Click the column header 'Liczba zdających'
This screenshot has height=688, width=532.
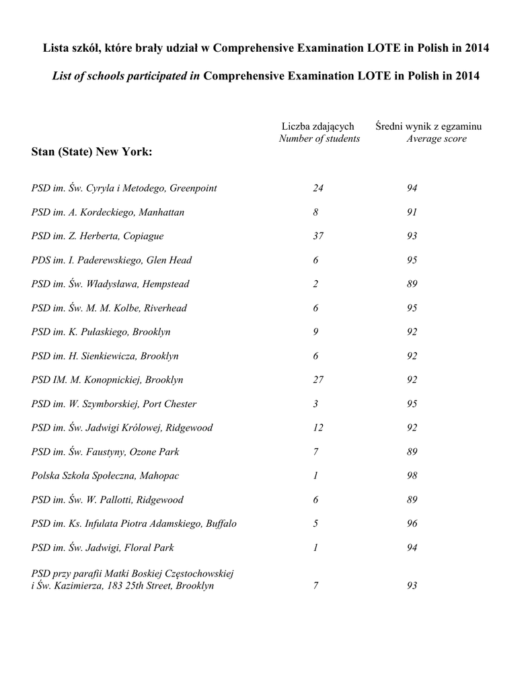(317, 126)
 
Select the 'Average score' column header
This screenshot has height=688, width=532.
(436, 138)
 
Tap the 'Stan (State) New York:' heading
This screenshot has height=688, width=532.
(92, 152)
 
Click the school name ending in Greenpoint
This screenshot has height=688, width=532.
(124, 188)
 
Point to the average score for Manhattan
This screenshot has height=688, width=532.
(412, 212)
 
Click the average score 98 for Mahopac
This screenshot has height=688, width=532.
(412, 476)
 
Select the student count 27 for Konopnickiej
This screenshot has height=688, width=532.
(318, 380)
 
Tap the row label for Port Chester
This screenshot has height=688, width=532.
(114, 404)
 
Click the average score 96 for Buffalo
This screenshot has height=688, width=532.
(412, 523)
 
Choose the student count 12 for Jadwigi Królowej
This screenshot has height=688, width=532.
(318, 428)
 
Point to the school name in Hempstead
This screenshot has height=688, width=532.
(110, 284)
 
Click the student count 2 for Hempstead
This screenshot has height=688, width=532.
(315, 284)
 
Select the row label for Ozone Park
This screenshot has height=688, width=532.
(105, 451)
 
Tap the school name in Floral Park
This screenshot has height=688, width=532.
(102, 548)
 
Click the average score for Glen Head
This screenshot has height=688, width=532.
(412, 260)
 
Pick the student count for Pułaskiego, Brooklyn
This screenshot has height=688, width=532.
(315, 332)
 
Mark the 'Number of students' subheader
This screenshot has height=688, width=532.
(319, 138)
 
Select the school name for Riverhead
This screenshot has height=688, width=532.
(109, 308)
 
